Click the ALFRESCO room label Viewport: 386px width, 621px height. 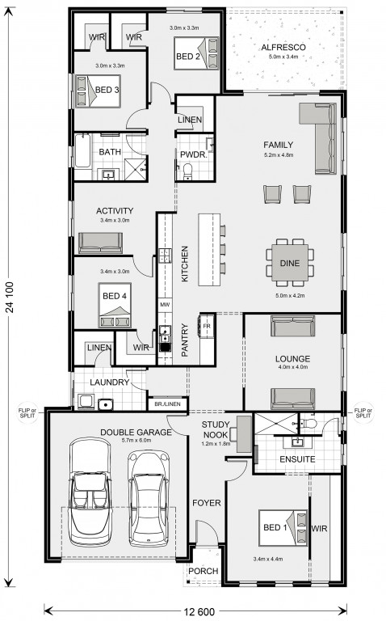[283, 48]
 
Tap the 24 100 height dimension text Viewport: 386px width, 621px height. [10, 297]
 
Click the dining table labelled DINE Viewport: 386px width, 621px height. [289, 263]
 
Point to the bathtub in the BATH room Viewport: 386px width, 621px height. [82, 151]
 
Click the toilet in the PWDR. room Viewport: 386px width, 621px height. [187, 171]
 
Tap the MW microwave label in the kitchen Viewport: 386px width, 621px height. [165, 305]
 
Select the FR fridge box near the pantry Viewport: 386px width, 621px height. [207, 326]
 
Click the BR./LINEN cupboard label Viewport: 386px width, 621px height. [167, 404]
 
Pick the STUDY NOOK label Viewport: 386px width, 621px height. [216, 429]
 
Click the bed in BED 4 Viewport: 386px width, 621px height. [115, 306]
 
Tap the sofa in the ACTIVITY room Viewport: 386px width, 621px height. [100, 243]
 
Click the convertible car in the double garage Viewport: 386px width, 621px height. [90, 492]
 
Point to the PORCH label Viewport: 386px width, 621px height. [203, 571]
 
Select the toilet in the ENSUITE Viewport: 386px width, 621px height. [308, 424]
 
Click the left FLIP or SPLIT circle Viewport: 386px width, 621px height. [27, 412]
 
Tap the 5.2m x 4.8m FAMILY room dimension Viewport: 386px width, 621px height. [279, 155]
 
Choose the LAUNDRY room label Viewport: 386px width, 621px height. [110, 382]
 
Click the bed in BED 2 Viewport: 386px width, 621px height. [196, 53]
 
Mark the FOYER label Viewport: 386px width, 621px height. [207, 503]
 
